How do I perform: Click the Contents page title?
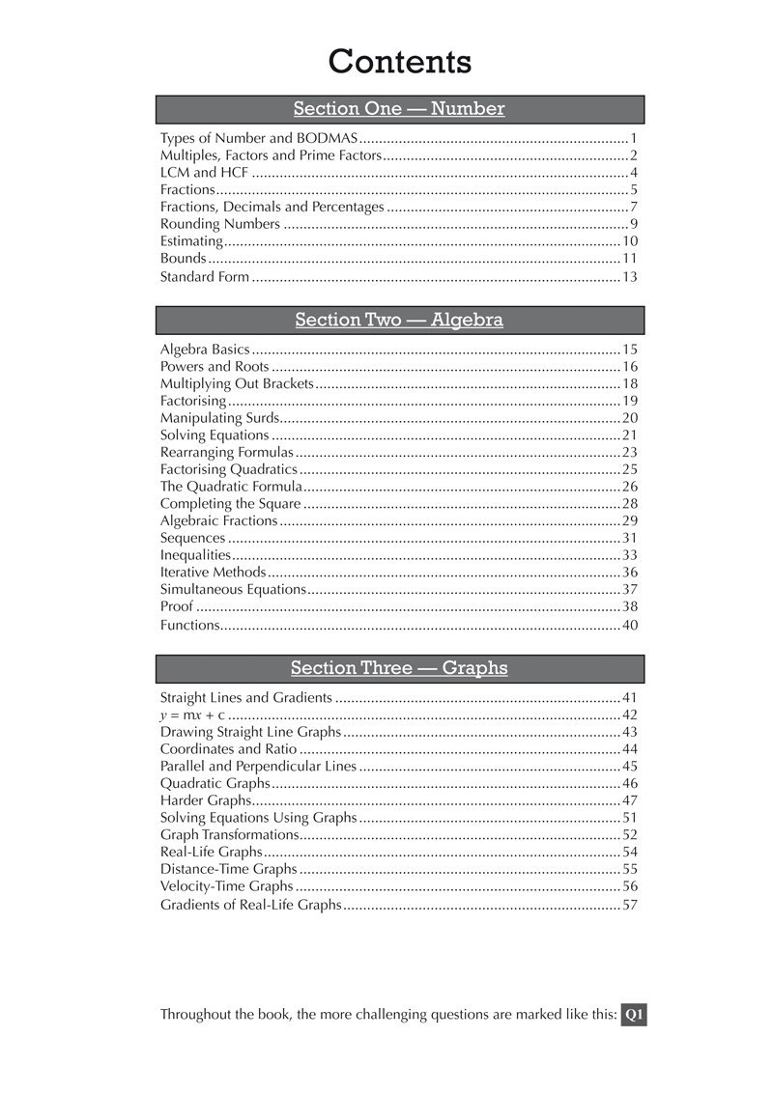coord(399,61)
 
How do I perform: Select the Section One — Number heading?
coord(399,109)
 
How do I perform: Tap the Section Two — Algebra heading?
coord(399,320)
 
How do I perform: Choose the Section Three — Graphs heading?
coord(399,668)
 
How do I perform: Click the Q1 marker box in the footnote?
coord(634,1015)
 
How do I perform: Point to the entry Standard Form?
coord(204,277)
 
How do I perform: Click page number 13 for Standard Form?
coord(630,277)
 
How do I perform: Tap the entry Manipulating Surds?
coord(219,418)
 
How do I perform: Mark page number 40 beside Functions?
coord(630,626)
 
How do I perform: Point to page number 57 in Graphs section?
coord(630,906)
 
